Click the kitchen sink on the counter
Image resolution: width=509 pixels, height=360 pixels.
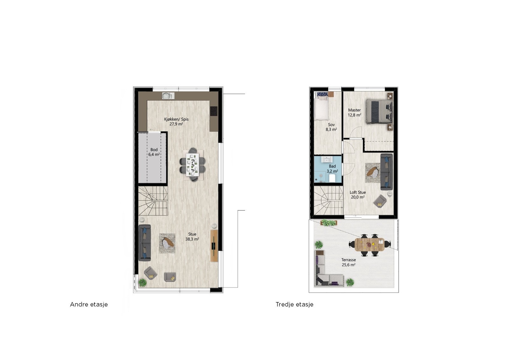(x=167, y=95)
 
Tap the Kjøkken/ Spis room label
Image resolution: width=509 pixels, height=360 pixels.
(x=176, y=119)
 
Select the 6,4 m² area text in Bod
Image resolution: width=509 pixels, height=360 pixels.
(x=154, y=154)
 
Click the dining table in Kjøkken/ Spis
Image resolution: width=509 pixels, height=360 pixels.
(x=192, y=165)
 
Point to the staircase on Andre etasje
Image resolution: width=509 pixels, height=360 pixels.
(x=153, y=201)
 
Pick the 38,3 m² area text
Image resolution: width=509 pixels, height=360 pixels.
(x=192, y=239)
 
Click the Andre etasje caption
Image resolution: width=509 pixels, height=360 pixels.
(x=89, y=305)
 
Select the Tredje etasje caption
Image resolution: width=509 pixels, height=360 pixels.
(x=294, y=305)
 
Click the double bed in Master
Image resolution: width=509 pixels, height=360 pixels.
(x=379, y=111)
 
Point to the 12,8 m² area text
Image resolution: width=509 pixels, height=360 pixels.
(x=354, y=115)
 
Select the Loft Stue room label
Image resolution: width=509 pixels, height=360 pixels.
(x=358, y=192)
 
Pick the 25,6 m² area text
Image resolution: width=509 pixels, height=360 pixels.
(x=349, y=265)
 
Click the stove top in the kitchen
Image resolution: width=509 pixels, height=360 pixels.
(x=214, y=111)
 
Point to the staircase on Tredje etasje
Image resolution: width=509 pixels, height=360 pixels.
(x=328, y=201)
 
